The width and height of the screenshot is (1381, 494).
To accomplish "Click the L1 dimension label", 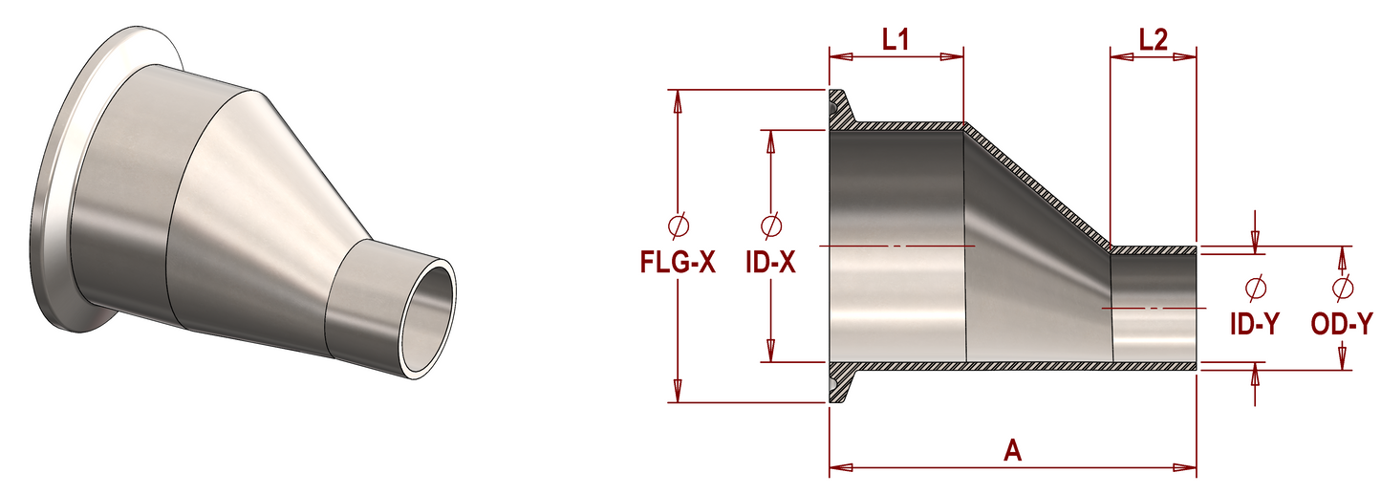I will [895, 39].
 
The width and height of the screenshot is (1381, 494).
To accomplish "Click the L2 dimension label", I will [1154, 39].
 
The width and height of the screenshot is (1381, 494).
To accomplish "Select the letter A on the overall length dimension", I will [1013, 450].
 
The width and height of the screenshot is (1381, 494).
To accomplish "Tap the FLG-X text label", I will [677, 262].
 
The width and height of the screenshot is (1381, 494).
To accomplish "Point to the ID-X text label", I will [769, 262].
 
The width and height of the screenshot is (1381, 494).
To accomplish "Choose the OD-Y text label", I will [1342, 324].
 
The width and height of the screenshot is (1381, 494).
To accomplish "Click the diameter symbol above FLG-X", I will [678, 226].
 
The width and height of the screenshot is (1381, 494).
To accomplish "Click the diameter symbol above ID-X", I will [770, 226].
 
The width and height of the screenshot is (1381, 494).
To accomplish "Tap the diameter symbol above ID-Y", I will [1256, 288].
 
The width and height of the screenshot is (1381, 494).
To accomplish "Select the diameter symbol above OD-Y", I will [1342, 288].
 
